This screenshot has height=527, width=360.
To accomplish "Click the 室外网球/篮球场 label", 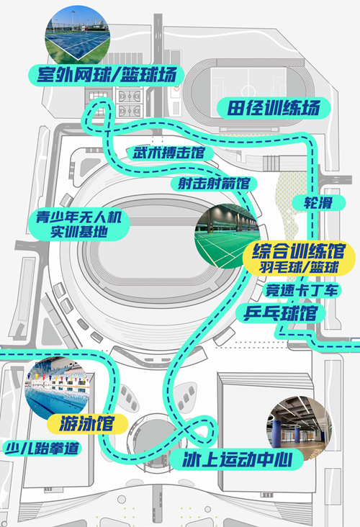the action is tap(107, 75).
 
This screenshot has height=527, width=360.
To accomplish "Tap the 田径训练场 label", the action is tap(274, 108).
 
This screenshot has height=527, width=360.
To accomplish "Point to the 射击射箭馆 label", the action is tap(214, 184).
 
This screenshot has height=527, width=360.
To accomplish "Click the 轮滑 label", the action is tap(318, 203).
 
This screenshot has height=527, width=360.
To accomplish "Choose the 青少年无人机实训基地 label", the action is tap(79, 225).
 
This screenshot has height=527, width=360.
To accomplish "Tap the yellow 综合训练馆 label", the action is tap(299, 258).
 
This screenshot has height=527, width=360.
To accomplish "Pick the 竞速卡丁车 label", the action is tap(302, 290).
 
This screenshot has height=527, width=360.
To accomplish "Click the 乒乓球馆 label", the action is tap(280, 313).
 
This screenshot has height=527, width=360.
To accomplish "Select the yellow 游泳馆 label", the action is tap(87, 423).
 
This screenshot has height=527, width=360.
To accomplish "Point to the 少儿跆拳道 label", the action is tap(42, 449).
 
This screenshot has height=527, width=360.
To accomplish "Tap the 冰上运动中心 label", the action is tap(237, 459).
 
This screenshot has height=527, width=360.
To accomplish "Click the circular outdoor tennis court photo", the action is tap(77, 35).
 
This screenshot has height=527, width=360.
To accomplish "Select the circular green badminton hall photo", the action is tap(228, 236).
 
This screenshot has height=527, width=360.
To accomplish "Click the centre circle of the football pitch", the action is tap(248, 90).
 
